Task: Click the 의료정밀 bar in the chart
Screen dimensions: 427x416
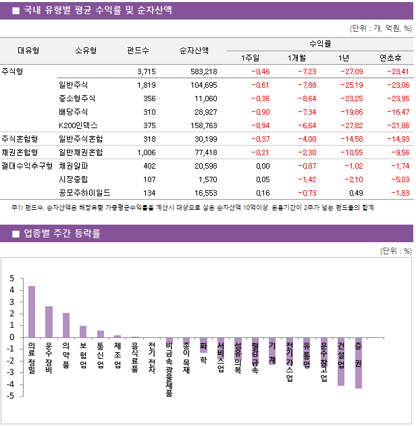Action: point(32,312)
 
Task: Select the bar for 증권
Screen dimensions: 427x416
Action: point(358,363)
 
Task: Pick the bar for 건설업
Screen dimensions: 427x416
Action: point(341,362)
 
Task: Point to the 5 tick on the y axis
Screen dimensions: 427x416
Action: point(11,279)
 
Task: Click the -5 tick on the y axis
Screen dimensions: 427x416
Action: point(10,395)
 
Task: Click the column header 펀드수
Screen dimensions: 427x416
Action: point(138,51)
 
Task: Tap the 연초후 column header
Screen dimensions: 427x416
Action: point(391,57)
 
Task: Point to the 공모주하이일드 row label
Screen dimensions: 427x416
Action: point(83,192)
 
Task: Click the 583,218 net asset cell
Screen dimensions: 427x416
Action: point(203,72)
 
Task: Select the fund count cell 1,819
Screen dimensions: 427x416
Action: point(146,85)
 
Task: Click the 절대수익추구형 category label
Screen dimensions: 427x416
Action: point(27,165)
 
